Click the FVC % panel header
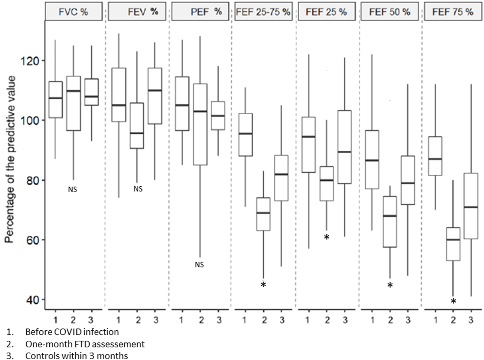[x=73, y=12]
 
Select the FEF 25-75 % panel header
[x=263, y=12]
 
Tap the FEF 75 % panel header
[x=453, y=12]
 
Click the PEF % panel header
[x=200, y=12]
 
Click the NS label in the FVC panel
[x=73, y=190]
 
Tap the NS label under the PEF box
[x=200, y=265]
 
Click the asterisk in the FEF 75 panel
[x=453, y=302]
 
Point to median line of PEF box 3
[x=218, y=116]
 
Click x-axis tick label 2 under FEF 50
[x=390, y=320]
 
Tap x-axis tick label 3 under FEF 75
[x=471, y=320]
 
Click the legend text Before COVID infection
[x=72, y=331]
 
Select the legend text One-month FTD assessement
[x=85, y=344]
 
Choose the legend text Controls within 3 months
[x=76, y=356]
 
